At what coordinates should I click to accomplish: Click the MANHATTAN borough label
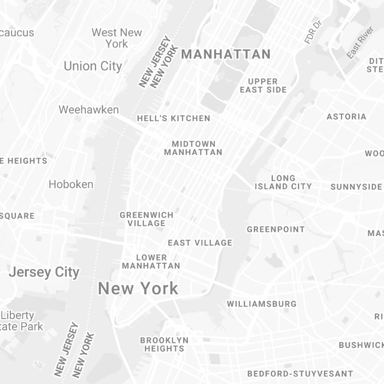coord(226,54)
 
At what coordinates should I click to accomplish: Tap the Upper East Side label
coord(263,85)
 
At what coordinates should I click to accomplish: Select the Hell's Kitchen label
coord(174,118)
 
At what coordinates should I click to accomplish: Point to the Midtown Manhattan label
coord(193,148)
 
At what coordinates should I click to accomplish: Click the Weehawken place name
coord(89,110)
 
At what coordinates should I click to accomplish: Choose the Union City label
coord(93,66)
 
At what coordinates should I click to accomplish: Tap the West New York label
coord(117,38)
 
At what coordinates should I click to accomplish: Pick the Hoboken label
coord(71,184)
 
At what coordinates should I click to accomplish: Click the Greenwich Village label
coord(146,219)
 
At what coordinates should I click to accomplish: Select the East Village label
coord(200,243)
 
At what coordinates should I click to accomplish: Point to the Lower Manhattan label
coord(151,261)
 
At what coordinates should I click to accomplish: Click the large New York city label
coord(138,288)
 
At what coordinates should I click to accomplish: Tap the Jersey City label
coord(44,272)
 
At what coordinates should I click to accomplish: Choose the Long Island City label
coord(283,182)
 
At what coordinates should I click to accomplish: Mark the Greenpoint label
coord(276,229)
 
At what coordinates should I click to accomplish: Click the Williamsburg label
coord(262,304)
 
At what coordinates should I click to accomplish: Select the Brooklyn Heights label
coord(164,344)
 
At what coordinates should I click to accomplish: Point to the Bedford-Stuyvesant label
coord(300,374)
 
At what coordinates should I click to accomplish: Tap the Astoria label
coord(347,117)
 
